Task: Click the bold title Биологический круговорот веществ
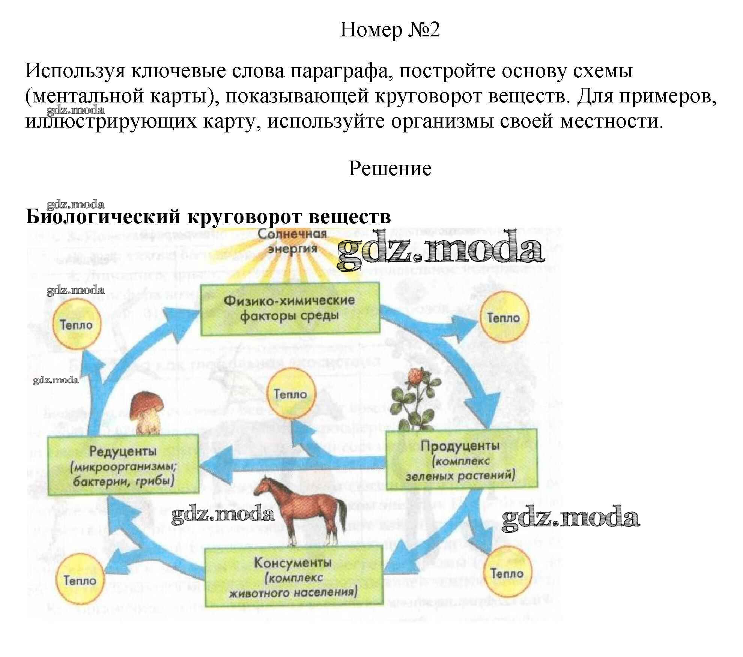pyautogui.click(x=208, y=216)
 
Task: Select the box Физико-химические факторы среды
pyautogui.click(x=289, y=309)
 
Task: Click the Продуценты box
pyautogui.click(x=461, y=459)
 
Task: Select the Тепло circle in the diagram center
pyautogui.click(x=290, y=394)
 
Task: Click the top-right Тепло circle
pyautogui.click(x=504, y=318)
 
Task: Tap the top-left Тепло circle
pyautogui.click(x=77, y=325)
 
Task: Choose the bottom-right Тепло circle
pyautogui.click(x=508, y=574)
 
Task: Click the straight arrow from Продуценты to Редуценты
pyautogui.click(x=293, y=462)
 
